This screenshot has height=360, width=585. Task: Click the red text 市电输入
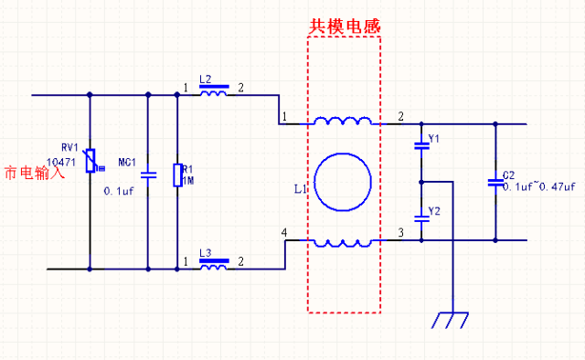tap(35, 173)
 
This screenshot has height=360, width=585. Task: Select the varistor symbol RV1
tap(90, 162)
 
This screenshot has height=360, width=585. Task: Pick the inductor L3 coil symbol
tap(214, 268)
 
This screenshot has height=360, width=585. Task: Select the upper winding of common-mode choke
tap(343, 122)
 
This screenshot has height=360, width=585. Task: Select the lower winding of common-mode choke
tap(343, 242)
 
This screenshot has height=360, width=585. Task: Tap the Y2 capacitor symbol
tap(420, 217)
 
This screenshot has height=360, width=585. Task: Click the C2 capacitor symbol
tap(495, 182)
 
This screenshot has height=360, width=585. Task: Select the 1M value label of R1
tap(188, 179)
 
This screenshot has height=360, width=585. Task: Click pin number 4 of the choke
tap(285, 234)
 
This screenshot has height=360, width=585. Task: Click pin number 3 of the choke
tap(400, 234)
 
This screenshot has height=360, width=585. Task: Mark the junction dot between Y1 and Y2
tap(420, 182)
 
